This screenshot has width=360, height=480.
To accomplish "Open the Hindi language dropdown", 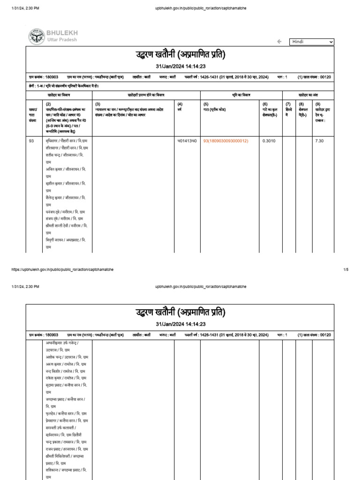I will pos(311,42).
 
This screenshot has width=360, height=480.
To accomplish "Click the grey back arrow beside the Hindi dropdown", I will pos(279,42).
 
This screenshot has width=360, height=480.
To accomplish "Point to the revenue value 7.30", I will pos(320,141).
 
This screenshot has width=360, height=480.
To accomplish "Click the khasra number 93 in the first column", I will pos(31,141).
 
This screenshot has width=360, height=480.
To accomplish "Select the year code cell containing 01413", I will pos(186,141).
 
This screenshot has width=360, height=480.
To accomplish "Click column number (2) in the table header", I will pos(48,104).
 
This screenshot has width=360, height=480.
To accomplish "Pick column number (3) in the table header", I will pos(97,104).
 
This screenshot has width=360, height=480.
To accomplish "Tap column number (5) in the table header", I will pos(206,104).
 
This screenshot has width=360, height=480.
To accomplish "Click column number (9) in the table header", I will pos(318,104).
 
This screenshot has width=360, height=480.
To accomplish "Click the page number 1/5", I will pos(346,270).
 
